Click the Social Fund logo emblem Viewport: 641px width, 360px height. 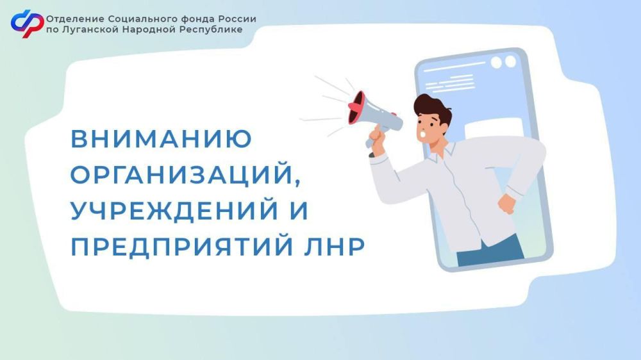click(27, 24)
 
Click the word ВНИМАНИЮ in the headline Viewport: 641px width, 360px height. click(162, 138)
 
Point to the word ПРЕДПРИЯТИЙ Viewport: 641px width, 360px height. click(182, 247)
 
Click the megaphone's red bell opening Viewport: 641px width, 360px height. click(356, 108)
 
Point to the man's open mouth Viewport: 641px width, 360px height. click(422, 133)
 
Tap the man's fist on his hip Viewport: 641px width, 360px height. click(507, 203)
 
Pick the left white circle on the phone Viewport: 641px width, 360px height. click(496, 63)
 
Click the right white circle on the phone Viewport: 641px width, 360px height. click(511, 61)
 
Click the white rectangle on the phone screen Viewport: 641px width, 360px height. click(494, 128)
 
